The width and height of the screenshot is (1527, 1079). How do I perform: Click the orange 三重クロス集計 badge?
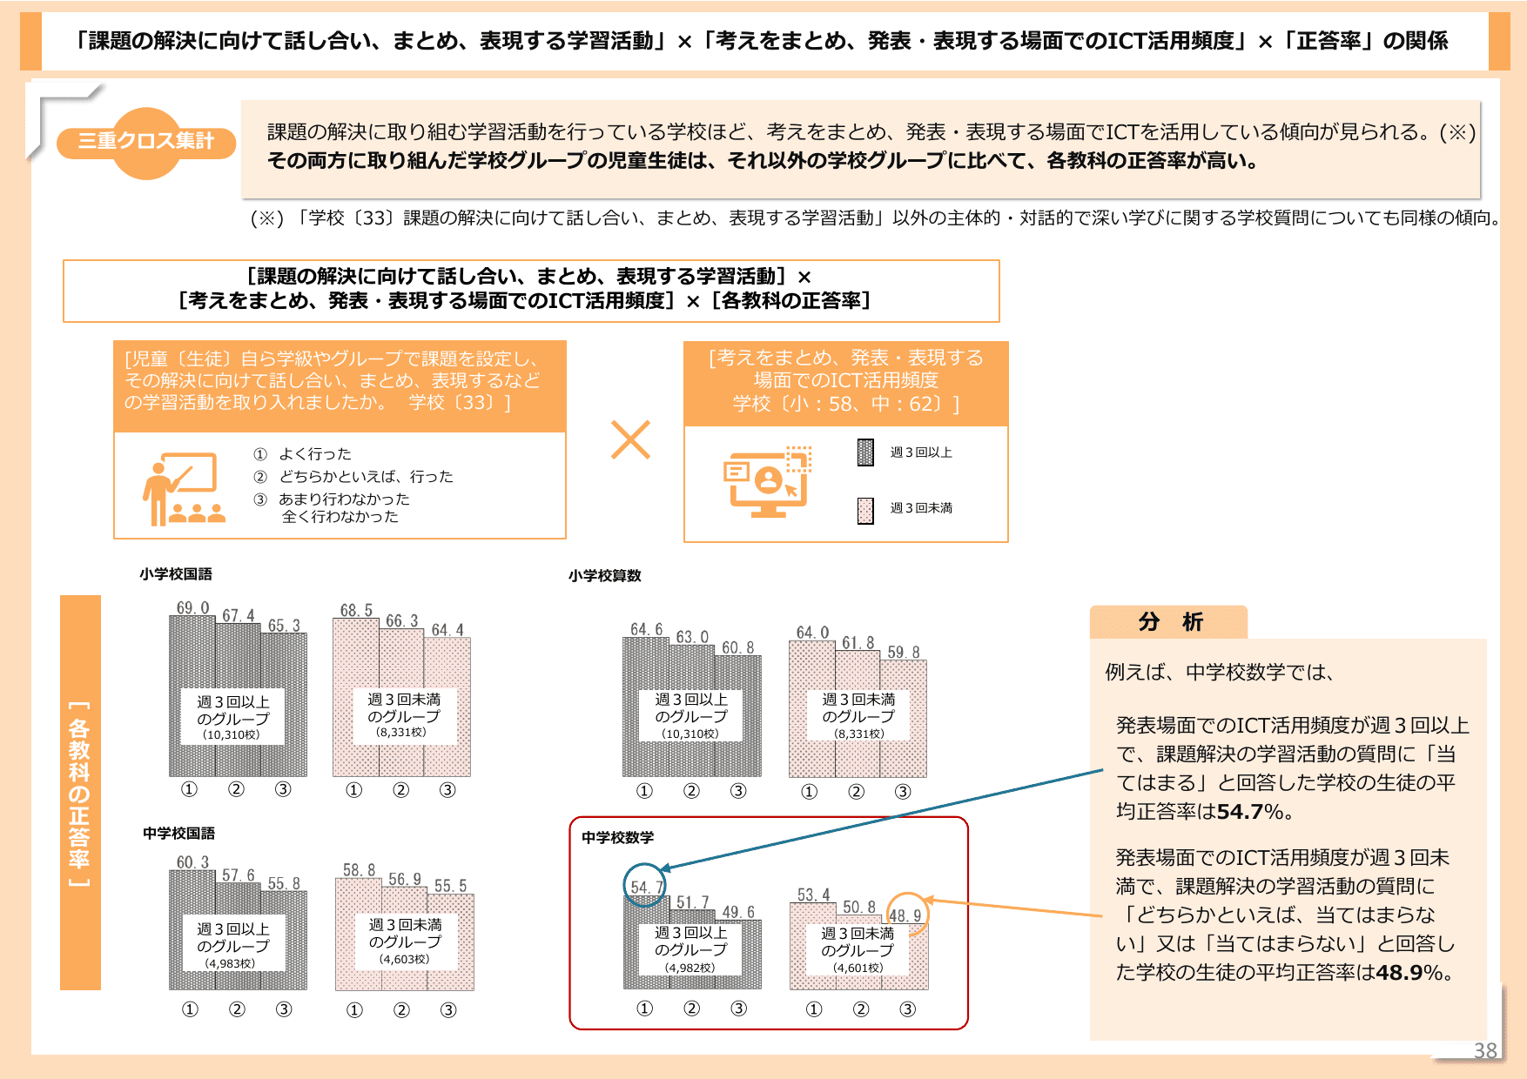tap(146, 142)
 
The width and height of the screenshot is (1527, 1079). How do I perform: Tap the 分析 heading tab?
tap(1169, 622)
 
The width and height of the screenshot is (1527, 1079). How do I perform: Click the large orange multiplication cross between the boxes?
tap(630, 439)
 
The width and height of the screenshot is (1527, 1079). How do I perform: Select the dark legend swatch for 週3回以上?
tap(865, 452)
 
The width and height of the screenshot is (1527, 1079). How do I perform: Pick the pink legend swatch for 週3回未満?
tap(865, 510)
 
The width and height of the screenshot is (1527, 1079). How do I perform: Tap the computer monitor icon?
tap(767, 482)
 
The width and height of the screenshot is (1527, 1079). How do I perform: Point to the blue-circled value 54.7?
tap(645, 887)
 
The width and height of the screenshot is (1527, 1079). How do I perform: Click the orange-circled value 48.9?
tap(905, 915)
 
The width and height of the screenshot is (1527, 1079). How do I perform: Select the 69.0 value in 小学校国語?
tap(192, 607)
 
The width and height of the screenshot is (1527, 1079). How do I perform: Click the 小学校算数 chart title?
tap(605, 576)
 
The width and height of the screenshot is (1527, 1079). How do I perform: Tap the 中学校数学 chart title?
tap(617, 837)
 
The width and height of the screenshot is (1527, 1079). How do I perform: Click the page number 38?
tap(1485, 1050)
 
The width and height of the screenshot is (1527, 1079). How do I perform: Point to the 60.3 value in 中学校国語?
tap(192, 861)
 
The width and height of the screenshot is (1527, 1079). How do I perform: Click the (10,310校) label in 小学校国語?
tap(232, 734)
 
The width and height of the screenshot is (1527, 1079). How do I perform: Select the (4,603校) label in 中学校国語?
tap(404, 959)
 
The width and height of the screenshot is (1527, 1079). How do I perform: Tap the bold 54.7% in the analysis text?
tap(1250, 812)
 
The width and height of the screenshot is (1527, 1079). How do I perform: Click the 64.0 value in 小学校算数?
tap(812, 633)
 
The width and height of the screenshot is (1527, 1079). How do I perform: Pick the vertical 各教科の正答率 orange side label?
tap(80, 792)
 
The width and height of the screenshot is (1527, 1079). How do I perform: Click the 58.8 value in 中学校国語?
tap(359, 870)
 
